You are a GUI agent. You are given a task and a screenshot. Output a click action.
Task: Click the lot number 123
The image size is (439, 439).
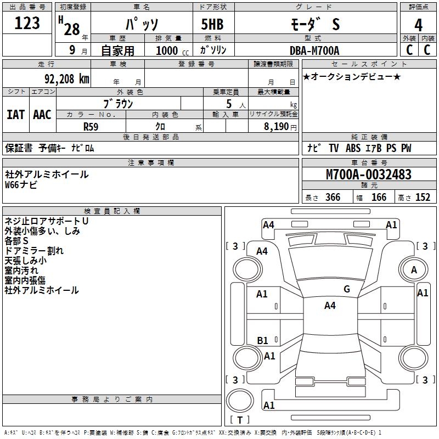pos(27,23)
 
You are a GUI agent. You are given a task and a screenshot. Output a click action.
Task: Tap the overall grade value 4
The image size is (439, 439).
pos(418,25)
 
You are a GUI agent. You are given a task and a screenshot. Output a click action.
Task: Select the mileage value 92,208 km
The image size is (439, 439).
pos(67,79)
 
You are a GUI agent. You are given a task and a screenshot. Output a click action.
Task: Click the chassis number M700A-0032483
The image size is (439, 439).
pos(369,175)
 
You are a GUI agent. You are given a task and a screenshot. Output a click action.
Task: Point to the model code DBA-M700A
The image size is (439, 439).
pos(314,50)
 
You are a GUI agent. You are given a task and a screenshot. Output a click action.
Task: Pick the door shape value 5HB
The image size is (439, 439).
pos(212,24)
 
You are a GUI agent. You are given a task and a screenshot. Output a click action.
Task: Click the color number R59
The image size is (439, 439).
pos(91,127)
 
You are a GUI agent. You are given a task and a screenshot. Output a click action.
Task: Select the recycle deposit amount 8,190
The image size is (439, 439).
pos(276,127)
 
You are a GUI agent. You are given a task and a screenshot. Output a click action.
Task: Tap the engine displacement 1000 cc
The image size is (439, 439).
pos(172,50)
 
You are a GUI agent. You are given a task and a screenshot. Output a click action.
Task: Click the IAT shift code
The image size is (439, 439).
pos(16,115)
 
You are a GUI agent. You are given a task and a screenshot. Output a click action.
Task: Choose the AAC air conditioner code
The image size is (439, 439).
pos(42,115)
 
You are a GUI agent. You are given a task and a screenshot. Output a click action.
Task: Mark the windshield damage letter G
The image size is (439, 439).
pos(347,289)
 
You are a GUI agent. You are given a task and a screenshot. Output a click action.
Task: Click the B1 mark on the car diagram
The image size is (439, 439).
pos(262,340)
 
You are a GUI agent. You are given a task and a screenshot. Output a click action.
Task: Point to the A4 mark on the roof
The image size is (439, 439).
pos(330,306)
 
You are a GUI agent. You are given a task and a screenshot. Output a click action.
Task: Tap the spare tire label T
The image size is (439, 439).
pos(240,420)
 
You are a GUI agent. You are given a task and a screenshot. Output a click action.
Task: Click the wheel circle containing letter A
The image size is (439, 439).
pos(414,269)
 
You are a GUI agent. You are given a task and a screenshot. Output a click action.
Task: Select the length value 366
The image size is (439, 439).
pos(333,197)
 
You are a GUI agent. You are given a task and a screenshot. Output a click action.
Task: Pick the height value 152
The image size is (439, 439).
pos(423,197)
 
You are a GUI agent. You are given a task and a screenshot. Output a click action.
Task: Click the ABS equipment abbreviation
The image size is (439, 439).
pos(353,148)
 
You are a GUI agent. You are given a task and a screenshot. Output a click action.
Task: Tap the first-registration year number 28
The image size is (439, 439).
pos(72,29)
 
